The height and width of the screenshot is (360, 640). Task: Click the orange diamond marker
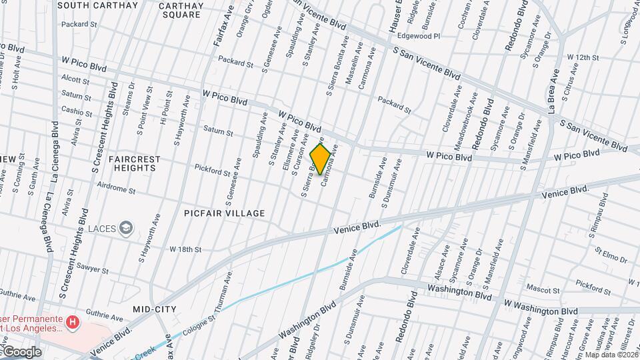(x=321, y=159)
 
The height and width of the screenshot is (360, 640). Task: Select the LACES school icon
(x=125, y=229)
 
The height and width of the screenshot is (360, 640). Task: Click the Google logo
(x=21, y=352)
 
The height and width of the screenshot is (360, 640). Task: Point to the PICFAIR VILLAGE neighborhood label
(x=225, y=213)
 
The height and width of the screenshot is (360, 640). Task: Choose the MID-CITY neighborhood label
(x=154, y=309)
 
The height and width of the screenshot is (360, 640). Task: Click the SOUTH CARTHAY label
(x=97, y=5)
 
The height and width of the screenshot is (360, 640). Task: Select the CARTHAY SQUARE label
(x=181, y=10)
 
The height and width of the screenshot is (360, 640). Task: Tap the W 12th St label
(x=583, y=58)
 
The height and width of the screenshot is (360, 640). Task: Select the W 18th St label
(x=185, y=249)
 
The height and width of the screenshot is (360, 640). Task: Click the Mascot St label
(x=543, y=291)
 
